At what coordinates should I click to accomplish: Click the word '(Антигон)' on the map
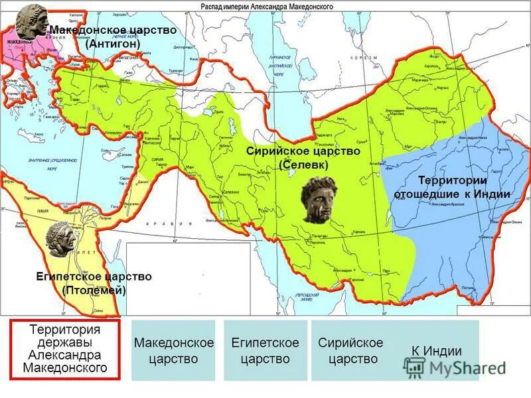[x=114, y=43]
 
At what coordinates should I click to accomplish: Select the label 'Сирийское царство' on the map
[x=308, y=151]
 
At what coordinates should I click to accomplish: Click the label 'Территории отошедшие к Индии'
[x=452, y=188]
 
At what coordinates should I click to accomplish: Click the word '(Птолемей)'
[x=94, y=290]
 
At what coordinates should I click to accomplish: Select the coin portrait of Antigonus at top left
[x=31, y=22]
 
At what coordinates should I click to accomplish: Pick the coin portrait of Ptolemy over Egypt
[x=62, y=239]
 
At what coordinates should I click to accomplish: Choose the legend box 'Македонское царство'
[x=173, y=350]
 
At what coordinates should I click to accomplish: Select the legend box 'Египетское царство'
[x=265, y=350]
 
